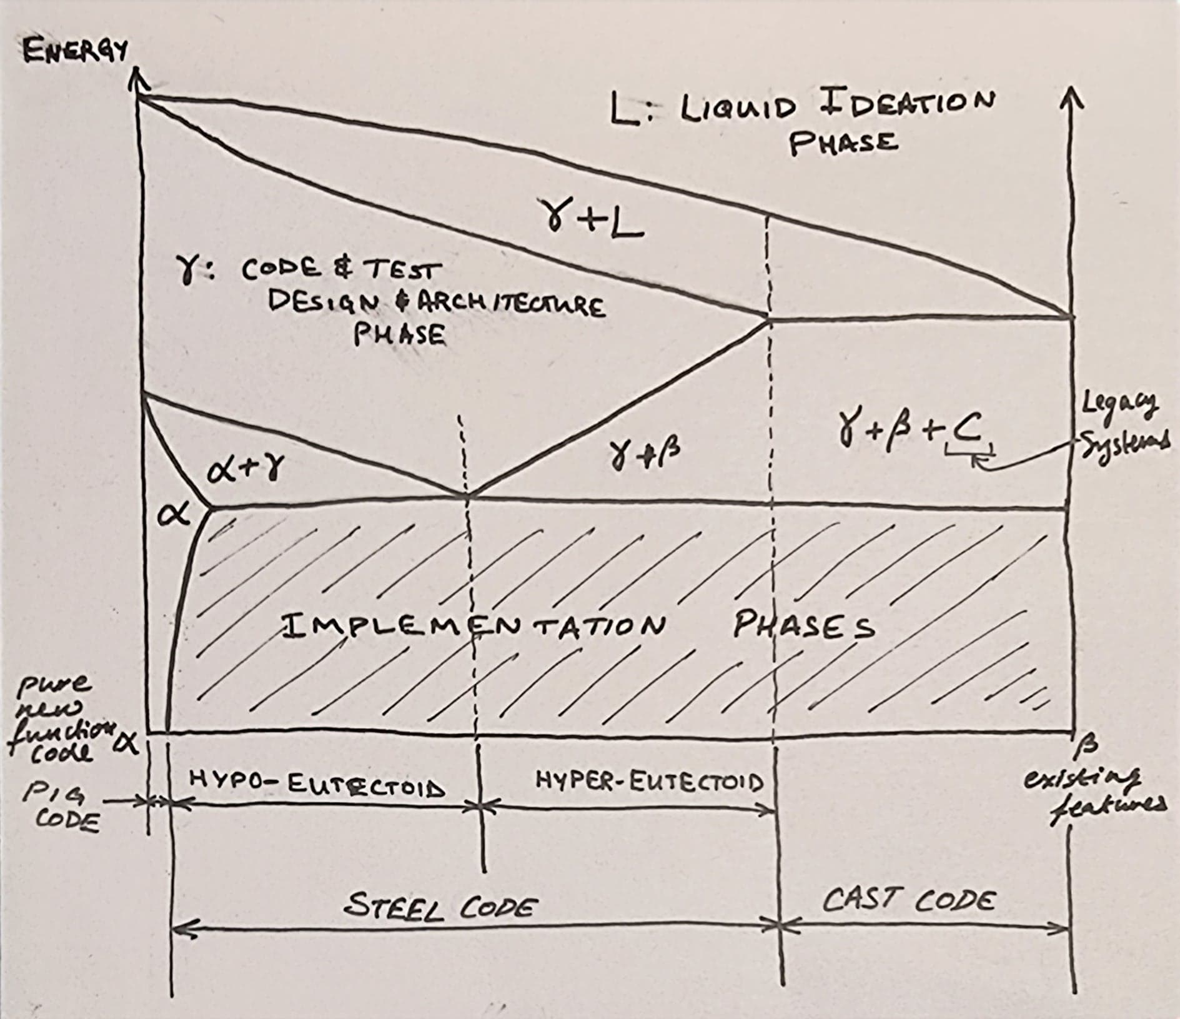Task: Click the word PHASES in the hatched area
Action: (x=803, y=625)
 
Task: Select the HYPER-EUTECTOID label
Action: (x=649, y=781)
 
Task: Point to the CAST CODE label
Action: (x=908, y=900)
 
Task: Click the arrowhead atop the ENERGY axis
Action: (x=138, y=81)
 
